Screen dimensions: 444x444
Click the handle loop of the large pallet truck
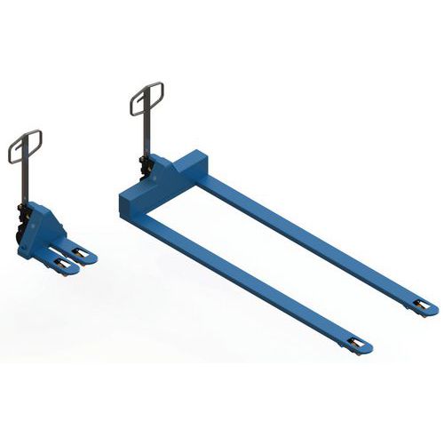147,99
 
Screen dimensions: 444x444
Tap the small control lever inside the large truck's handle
147,105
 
